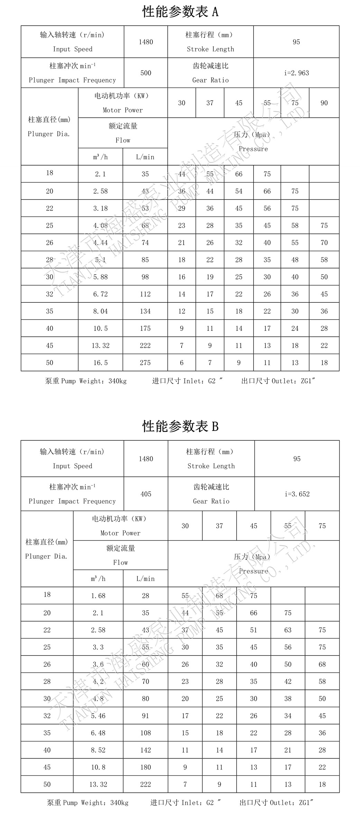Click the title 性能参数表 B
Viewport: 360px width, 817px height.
(x=180, y=426)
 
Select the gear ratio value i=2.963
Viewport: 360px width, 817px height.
(x=296, y=73)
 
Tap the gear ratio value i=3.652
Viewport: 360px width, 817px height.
(x=297, y=494)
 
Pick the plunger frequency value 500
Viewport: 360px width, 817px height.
(x=146, y=73)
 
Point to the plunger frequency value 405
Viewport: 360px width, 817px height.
(x=146, y=494)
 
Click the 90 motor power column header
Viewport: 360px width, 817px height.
(x=324, y=103)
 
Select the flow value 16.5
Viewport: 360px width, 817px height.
(x=100, y=363)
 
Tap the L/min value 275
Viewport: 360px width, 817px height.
(x=145, y=363)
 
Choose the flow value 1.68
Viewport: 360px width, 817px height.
(x=98, y=596)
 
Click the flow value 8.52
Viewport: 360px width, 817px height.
(x=98, y=750)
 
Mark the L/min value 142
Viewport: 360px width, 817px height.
(x=146, y=750)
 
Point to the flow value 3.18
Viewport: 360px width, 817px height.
(x=100, y=208)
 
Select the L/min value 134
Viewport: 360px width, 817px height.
(x=145, y=311)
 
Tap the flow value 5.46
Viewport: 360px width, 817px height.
(x=98, y=716)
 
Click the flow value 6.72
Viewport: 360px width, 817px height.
(x=100, y=294)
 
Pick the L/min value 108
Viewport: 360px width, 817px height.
(x=146, y=733)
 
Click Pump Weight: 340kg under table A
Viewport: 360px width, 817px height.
(x=86, y=381)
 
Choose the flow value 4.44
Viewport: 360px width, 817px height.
(x=100, y=243)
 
